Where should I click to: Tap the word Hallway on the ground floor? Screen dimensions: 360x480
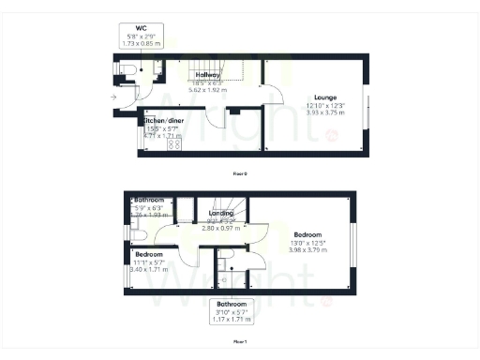tap(207, 74)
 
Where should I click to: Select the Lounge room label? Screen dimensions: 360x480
tap(325, 97)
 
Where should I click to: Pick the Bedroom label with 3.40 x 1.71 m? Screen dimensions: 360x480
tap(149, 254)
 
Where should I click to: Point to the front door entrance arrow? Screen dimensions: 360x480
tap(113, 96)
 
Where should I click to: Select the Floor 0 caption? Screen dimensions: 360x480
tap(240, 173)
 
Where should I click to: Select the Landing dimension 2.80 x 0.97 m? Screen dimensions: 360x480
tap(222, 227)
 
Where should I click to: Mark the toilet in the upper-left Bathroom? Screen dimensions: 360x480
tap(131, 225)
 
